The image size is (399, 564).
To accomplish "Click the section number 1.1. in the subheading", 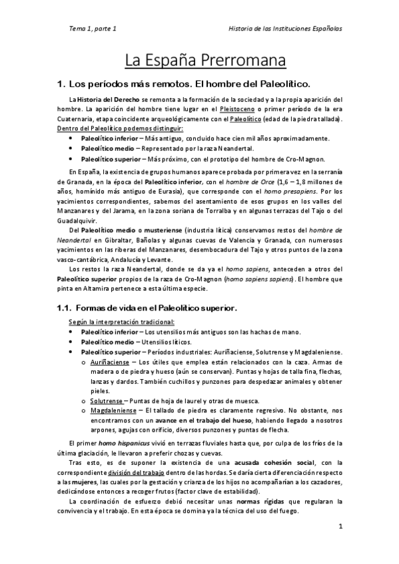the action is pyautogui.click(x=65, y=308).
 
